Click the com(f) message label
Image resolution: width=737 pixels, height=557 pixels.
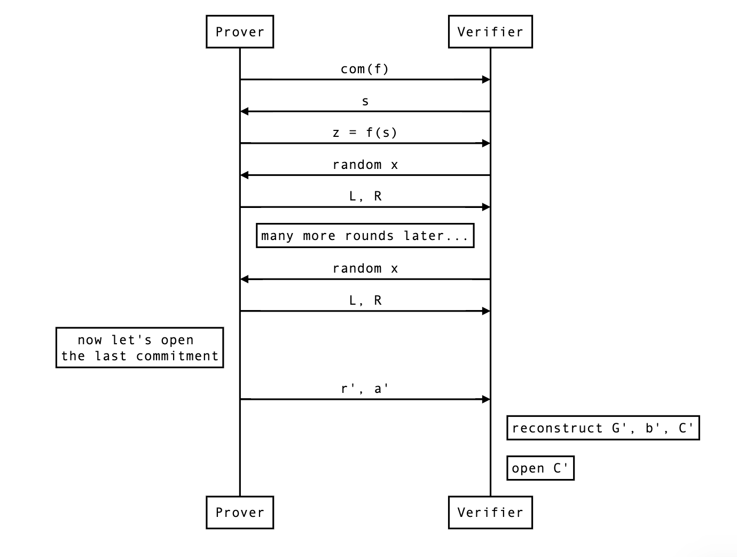pos(365,69)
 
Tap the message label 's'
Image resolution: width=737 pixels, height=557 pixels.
pos(365,102)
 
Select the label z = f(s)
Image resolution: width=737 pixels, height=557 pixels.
pos(365,133)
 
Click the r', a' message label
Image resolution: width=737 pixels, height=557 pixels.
pos(365,389)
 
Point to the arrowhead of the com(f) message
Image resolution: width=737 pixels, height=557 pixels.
pos(486,80)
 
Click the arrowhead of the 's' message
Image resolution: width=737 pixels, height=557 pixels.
pos(245,111)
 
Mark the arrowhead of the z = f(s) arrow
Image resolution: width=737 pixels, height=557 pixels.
pos(486,143)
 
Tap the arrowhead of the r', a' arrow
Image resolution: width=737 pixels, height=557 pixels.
pos(486,399)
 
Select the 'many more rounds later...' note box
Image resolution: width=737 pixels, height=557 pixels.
pos(365,236)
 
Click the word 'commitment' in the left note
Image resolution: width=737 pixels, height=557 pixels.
pos(177,356)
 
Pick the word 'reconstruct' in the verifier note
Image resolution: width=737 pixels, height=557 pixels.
pos(557,428)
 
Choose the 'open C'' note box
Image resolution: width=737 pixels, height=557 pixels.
pos(540,468)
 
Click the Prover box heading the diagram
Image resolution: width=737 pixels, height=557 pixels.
pos(240,32)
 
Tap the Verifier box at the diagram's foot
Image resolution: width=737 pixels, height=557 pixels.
pos(490,512)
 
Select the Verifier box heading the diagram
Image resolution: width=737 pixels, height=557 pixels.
pos(490,32)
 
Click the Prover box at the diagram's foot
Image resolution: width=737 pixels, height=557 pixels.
pos(240,512)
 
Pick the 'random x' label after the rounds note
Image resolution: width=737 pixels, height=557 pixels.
pos(365,268)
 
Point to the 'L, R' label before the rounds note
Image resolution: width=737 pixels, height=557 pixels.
pos(365,196)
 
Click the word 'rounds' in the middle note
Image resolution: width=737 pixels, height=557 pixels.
pos(369,236)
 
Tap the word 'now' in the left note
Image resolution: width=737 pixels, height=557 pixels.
pos(90,340)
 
